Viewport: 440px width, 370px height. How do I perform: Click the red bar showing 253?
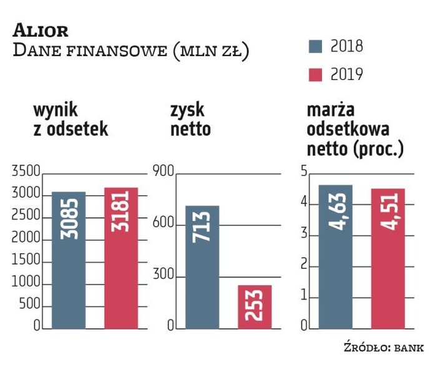pos(255,306)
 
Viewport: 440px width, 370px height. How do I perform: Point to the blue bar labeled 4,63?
pos(335,256)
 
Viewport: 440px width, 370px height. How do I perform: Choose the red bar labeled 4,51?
pos(388,258)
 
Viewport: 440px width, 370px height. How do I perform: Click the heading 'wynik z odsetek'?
pos(71,120)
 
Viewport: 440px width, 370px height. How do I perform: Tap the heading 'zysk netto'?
pos(190,120)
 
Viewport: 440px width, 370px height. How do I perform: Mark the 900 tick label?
pos(164,171)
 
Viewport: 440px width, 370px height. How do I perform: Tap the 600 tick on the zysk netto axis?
pos(164,224)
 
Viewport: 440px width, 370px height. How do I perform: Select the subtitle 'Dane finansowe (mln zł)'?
pos(131,51)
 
